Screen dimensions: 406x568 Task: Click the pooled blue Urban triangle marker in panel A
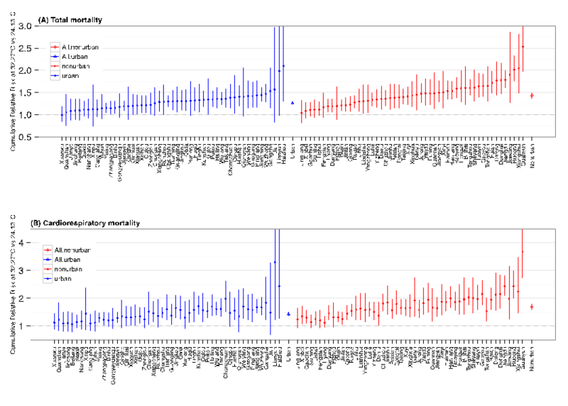click(x=293, y=103)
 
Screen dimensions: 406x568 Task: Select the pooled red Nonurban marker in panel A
click(x=532, y=95)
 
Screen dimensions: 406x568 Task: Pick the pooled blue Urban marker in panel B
click(x=288, y=314)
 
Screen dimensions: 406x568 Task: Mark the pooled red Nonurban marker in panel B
click(x=532, y=307)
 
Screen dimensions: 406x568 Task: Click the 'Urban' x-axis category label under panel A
click(x=293, y=150)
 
